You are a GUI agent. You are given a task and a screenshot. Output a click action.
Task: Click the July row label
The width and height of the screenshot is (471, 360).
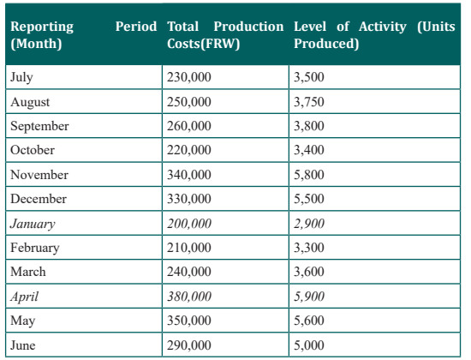21,77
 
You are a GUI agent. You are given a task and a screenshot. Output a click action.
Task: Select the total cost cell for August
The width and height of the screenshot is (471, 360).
189,102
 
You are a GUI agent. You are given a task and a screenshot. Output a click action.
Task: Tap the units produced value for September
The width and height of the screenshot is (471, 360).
309,126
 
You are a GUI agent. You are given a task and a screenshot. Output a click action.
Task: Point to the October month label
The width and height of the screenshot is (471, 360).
33,150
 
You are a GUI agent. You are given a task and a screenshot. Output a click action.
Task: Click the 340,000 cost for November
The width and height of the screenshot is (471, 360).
189,175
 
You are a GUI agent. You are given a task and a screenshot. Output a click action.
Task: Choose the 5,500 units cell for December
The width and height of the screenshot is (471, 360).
309,199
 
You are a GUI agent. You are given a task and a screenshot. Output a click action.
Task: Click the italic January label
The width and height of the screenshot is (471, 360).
33,224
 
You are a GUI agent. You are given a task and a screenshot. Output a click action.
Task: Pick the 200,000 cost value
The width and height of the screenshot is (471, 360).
189,224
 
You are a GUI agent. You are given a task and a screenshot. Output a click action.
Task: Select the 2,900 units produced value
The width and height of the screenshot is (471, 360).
309,224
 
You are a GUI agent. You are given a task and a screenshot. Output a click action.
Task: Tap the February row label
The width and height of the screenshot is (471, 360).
35,248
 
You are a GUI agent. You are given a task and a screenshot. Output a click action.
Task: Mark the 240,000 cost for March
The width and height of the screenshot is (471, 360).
189,272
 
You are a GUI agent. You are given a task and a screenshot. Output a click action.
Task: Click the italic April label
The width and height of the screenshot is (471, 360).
24,297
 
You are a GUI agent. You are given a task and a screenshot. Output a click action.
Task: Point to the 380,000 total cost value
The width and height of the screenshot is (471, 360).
189,297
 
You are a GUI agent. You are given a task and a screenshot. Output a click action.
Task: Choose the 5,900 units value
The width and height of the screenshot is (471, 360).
309,297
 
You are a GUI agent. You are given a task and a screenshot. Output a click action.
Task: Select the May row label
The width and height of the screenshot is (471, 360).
22,321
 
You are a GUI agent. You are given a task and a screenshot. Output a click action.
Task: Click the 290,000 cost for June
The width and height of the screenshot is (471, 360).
189,345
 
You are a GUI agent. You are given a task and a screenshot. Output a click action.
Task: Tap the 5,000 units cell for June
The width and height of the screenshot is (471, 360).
309,345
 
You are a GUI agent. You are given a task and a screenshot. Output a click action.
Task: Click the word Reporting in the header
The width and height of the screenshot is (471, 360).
42,27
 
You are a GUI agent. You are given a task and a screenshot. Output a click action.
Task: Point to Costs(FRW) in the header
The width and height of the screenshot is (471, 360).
203,44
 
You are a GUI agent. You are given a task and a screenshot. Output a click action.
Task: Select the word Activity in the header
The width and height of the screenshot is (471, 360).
383,27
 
